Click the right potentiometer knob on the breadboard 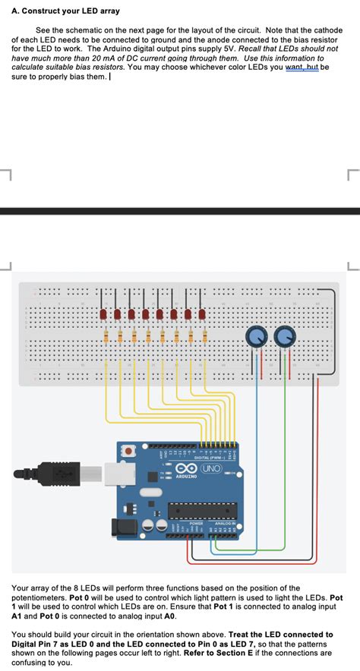click(x=285, y=335)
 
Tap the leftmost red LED click(x=103, y=314)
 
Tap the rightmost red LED click(x=202, y=314)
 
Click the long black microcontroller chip click(x=202, y=512)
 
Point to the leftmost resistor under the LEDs click(x=106, y=336)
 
